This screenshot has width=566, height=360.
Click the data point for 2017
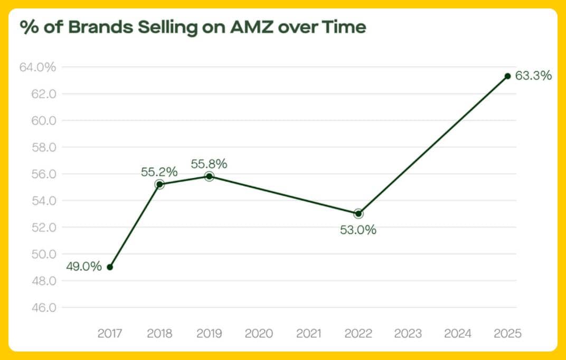[x=110, y=267]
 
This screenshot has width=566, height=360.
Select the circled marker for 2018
[x=159, y=184]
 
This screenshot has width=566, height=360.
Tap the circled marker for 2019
[x=209, y=176]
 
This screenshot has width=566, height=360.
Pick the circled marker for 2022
[x=359, y=214]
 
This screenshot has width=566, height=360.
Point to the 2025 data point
[x=507, y=76]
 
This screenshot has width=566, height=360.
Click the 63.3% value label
[x=533, y=76]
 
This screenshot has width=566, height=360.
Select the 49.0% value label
[x=83, y=267]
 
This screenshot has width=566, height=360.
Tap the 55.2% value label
[x=159, y=172]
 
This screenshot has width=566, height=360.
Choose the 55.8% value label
[x=209, y=164]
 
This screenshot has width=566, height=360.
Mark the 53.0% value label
[x=359, y=230]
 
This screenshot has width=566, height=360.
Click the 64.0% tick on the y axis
[x=37, y=68]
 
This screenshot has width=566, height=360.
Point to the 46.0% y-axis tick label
[x=37, y=307]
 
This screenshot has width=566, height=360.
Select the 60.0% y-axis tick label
[x=37, y=121]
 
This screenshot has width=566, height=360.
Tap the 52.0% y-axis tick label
[x=37, y=228]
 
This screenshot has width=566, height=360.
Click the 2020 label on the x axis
[x=259, y=334]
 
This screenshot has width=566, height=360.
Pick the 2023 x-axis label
[x=408, y=334]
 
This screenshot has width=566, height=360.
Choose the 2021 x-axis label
[x=308, y=334]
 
